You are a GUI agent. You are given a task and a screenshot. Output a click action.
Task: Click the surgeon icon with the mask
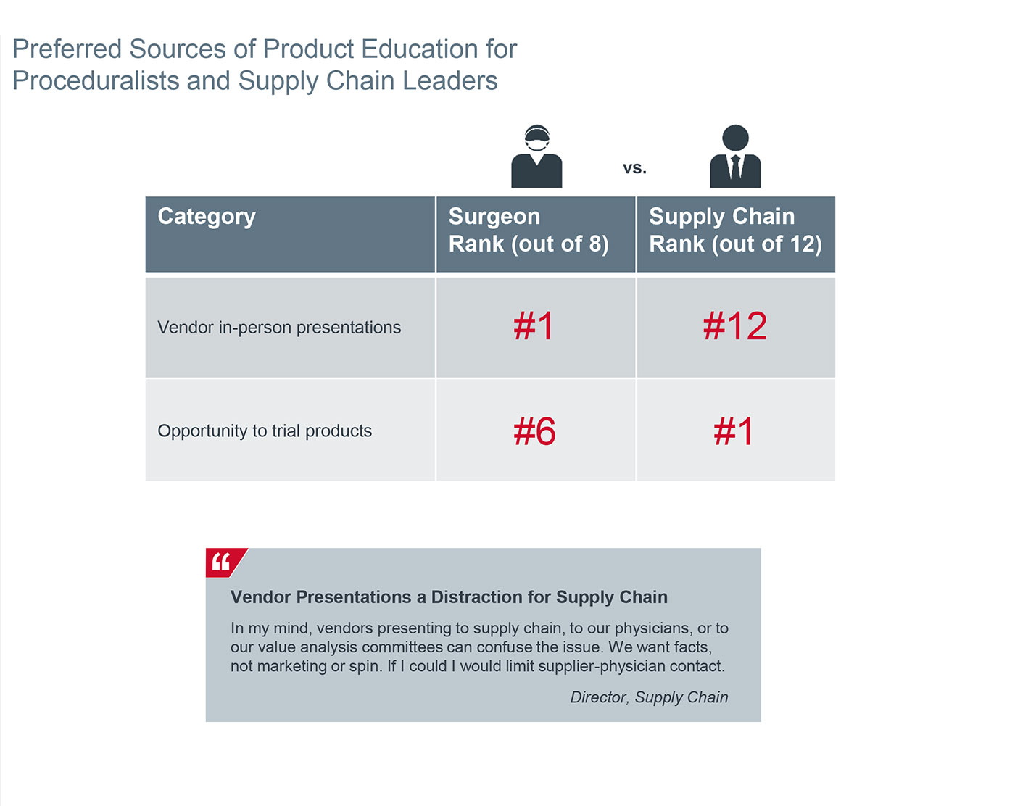536,157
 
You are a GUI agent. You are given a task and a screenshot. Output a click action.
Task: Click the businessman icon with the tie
735,157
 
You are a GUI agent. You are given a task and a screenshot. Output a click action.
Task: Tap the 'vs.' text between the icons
634,168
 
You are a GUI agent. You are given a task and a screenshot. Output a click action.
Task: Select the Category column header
207,217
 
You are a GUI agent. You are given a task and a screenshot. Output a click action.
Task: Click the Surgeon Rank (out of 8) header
529,230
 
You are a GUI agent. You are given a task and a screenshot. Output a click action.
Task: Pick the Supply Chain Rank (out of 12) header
735,230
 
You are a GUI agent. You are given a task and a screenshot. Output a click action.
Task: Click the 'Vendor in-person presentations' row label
279,328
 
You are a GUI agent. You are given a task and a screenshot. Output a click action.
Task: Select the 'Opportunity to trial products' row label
265,431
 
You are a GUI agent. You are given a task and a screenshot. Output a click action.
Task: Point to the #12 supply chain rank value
735,326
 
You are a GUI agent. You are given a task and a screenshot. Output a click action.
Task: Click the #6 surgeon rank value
535,431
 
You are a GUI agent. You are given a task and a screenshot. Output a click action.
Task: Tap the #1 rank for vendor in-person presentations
534,326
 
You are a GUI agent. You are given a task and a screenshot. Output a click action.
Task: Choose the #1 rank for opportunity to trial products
734,431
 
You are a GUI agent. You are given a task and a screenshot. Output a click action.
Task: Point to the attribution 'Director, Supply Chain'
649,697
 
